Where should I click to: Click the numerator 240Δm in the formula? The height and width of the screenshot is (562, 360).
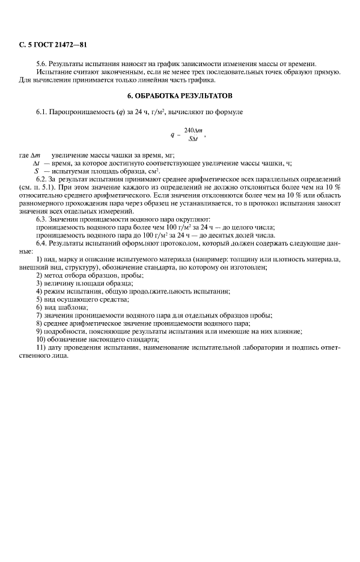click(x=192, y=130)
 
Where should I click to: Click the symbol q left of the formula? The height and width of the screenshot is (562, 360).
click(x=172, y=135)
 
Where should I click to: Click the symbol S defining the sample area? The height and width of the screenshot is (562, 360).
click(x=37, y=171)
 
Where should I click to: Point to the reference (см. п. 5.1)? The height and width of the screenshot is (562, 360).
click(x=37, y=187)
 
